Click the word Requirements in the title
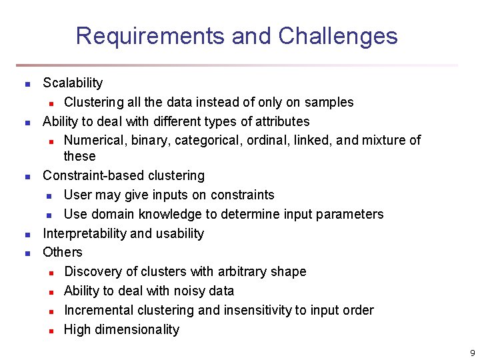pyautogui.click(x=151, y=36)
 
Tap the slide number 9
pyautogui.click(x=472, y=353)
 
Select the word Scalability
pyautogui.click(x=73, y=83)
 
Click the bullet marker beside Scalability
pyautogui.click(x=27, y=85)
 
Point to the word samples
pyautogui.click(x=329, y=103)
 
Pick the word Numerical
pyautogui.click(x=94, y=141)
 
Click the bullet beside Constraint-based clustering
pyautogui.click(x=27, y=177)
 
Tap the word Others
pyautogui.click(x=63, y=253)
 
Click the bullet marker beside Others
pyautogui.click(x=27, y=254)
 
